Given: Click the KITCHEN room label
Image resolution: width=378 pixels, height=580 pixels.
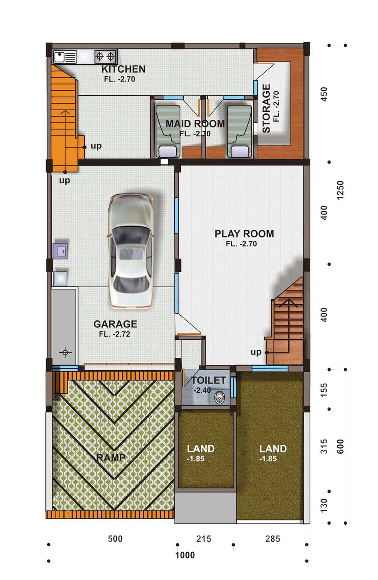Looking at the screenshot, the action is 123,69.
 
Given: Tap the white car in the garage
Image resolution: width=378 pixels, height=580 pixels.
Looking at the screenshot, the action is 130,251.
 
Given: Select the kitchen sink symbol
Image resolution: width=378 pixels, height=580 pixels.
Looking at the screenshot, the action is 65,57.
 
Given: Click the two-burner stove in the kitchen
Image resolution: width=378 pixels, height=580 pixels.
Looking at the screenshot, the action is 105,56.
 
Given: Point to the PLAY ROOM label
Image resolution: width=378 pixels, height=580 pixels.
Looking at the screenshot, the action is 244,234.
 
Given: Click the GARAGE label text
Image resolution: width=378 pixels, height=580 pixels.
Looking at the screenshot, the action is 115,324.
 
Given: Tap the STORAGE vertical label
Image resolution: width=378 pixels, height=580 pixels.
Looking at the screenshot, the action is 266,108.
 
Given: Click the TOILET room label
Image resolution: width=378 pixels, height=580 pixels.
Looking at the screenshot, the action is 209,380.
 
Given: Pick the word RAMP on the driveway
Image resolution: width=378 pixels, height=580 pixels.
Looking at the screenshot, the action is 111,458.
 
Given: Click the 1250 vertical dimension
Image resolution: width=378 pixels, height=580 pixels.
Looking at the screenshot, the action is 340,190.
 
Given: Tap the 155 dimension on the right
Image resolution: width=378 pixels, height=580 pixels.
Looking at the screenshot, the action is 324,390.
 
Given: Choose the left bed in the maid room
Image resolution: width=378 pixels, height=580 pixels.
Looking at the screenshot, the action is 168,131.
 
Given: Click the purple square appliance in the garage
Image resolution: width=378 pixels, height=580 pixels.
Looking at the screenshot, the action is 60,251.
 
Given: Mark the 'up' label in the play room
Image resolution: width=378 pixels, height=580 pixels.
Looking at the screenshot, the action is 256,352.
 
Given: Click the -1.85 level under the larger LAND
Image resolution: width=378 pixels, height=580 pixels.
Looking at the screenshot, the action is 268,458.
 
